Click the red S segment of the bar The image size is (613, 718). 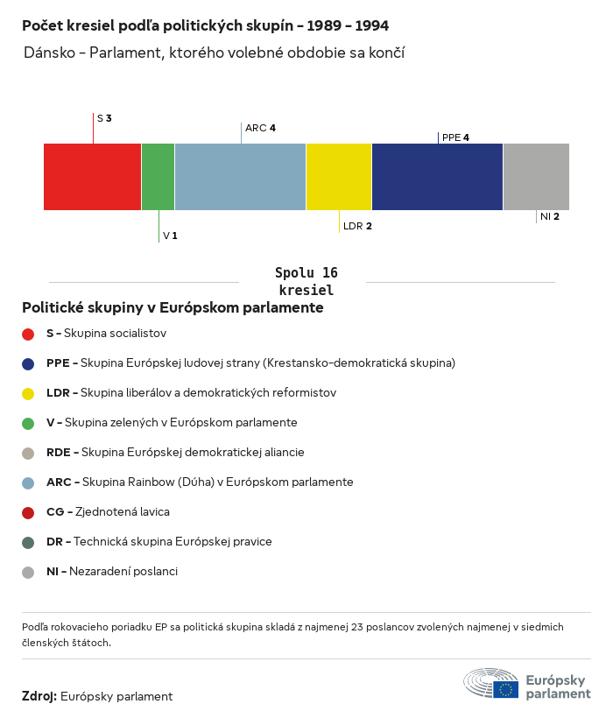(x=92, y=177)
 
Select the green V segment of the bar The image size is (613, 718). (x=158, y=177)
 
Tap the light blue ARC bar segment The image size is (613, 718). (x=240, y=177)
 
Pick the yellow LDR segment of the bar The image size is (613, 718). (x=339, y=177)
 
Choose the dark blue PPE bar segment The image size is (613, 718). (x=437, y=177)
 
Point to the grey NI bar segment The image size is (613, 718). (x=536, y=177)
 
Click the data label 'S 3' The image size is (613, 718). (x=104, y=117)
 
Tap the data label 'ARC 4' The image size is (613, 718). (x=260, y=128)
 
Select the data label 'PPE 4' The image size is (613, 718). (x=455, y=137)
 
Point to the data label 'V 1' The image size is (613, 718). (x=170, y=236)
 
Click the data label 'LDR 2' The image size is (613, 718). (x=357, y=226)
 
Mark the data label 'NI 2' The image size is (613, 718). (x=550, y=216)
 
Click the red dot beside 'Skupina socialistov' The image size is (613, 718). (x=28, y=334)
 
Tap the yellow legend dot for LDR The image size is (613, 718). (x=28, y=393)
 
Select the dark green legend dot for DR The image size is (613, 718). (x=28, y=542)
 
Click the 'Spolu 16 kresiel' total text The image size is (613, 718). (x=306, y=281)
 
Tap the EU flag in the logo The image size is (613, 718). (x=505, y=689)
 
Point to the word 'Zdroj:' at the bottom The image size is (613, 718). (x=39, y=697)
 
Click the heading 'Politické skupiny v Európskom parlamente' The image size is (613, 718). (x=173, y=308)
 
